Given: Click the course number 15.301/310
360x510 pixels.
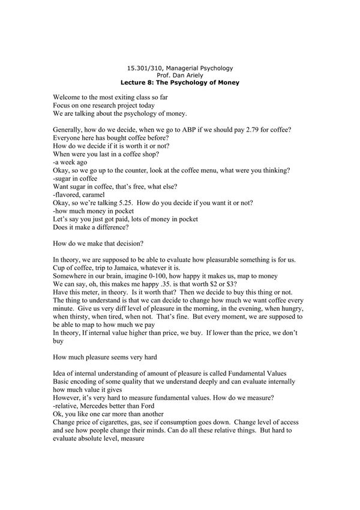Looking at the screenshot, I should [140, 69].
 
